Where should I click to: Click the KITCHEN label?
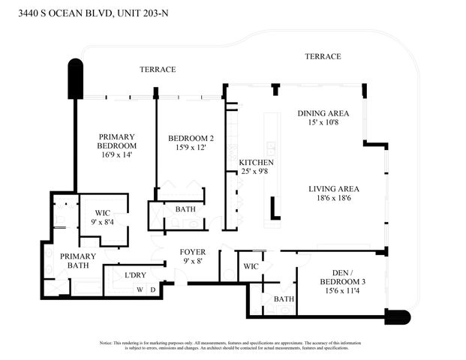point(256,163)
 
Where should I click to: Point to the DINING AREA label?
point(323,113)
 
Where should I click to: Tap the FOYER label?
point(191,252)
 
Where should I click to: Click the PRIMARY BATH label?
point(78,260)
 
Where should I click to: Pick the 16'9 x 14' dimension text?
point(117,154)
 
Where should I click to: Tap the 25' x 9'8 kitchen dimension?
point(256,172)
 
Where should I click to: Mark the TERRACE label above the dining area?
point(323,56)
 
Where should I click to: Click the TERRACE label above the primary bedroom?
point(158,69)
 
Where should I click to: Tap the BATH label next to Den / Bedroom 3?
point(283,299)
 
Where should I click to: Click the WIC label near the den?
point(251,266)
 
